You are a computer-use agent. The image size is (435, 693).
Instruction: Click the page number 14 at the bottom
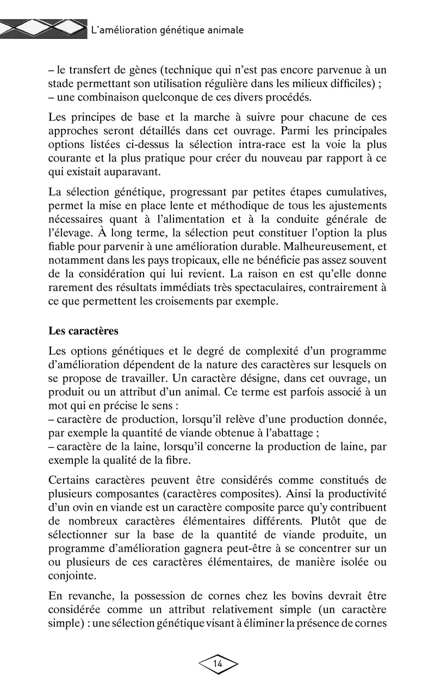pyautogui.click(x=218, y=664)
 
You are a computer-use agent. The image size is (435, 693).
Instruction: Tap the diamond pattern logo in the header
pyautogui.click(x=43, y=29)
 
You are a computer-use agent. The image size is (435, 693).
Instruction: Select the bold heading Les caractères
pyautogui.click(x=83, y=330)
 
